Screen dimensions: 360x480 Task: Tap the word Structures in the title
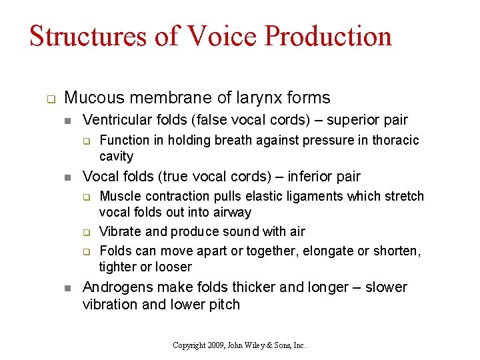click(87, 36)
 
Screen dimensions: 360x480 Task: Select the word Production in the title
click(328, 36)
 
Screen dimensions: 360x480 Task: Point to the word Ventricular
click(117, 120)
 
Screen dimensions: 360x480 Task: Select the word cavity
click(116, 156)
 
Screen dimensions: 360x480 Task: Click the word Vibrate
click(120, 231)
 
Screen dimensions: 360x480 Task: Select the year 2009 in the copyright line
click(215, 345)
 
